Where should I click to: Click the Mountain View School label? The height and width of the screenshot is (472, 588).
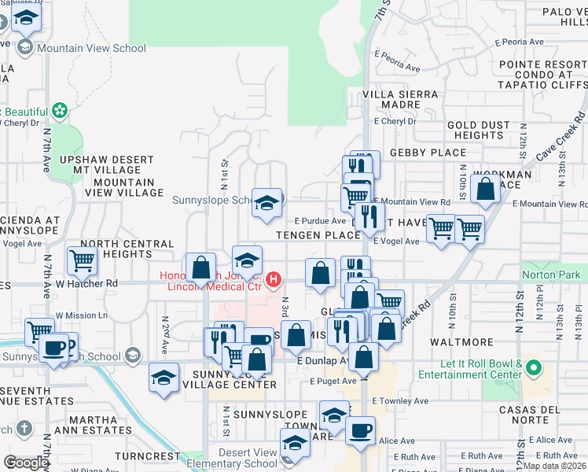[x=91, y=48]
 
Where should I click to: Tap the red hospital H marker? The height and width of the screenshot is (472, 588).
[x=273, y=279]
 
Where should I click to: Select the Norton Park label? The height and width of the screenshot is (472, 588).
[x=550, y=275]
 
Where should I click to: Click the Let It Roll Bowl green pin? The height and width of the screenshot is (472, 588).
[x=534, y=367]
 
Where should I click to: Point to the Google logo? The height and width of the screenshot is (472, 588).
[x=25, y=463]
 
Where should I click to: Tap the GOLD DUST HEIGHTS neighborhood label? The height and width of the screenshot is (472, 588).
[x=475, y=130]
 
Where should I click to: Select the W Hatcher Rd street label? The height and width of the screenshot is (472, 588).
[x=86, y=283]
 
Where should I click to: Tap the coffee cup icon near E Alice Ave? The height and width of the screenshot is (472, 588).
[x=360, y=430]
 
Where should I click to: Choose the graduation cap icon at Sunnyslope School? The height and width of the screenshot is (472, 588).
[x=266, y=202]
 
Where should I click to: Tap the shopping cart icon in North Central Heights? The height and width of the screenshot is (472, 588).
[x=82, y=259]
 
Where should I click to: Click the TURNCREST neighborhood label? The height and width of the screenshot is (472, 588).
[x=147, y=456]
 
